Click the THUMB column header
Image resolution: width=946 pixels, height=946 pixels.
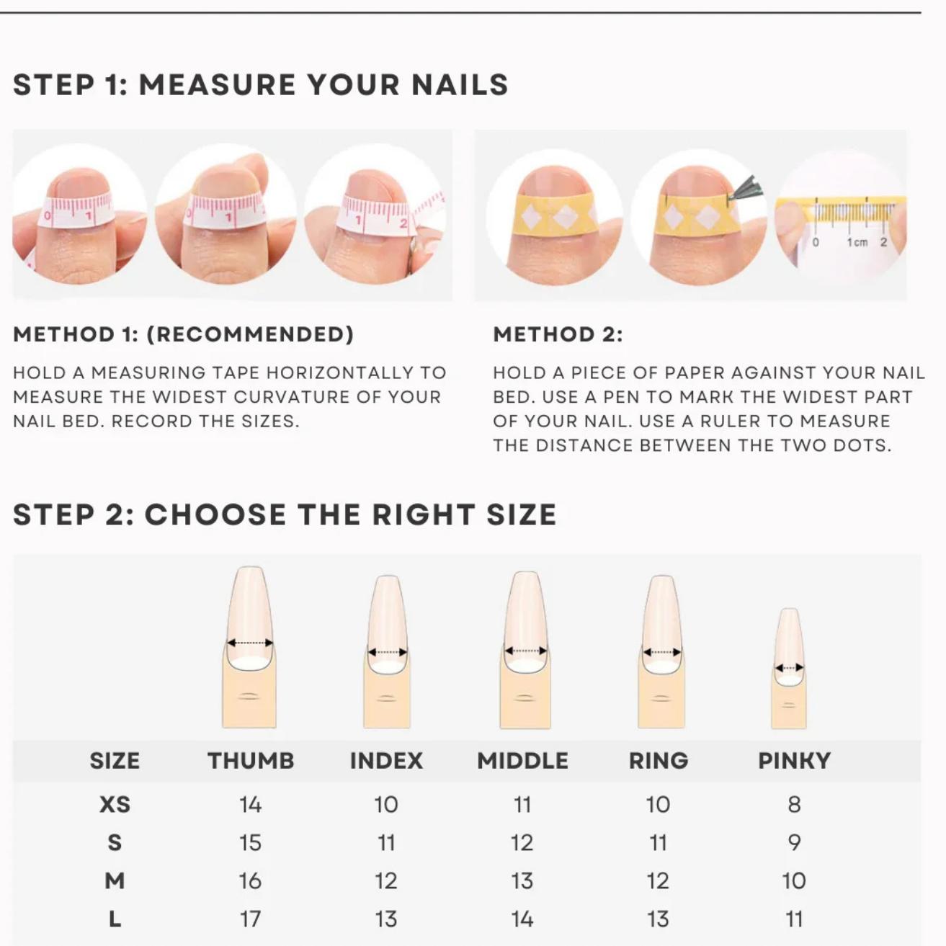click(251, 761)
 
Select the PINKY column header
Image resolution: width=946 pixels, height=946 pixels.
click(794, 761)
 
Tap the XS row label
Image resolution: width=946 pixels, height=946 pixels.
click(115, 804)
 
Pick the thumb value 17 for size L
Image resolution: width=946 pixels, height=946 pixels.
click(250, 919)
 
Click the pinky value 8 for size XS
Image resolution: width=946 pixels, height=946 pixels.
click(794, 804)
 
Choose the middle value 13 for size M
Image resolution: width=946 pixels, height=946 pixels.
click(522, 880)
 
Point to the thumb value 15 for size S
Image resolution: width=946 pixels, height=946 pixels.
click(250, 842)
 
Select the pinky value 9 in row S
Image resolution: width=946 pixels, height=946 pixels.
click(794, 842)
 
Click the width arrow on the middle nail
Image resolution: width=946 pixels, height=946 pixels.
click(525, 651)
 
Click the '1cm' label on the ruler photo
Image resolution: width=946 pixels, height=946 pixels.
click(857, 242)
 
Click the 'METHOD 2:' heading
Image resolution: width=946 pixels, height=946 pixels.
click(558, 334)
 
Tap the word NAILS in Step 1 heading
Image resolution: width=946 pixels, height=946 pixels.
click(460, 85)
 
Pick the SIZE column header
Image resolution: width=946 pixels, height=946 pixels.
click(115, 761)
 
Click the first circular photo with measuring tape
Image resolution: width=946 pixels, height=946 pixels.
click(79, 214)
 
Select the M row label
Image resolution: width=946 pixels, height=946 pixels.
click(115, 880)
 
